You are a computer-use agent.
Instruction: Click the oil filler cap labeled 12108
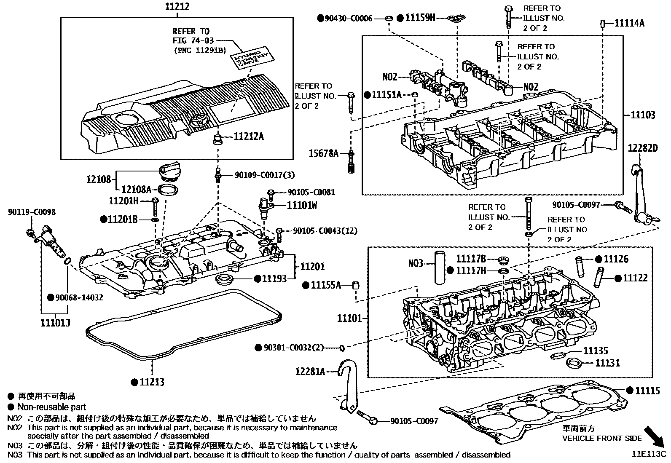[170, 173]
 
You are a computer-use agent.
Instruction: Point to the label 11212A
[249, 136]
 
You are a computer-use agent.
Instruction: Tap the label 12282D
[642, 148]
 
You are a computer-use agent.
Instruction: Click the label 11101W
[302, 206]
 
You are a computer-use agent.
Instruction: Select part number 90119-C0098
[32, 212]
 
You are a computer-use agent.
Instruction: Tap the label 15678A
[323, 153]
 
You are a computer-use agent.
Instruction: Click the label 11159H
[420, 18]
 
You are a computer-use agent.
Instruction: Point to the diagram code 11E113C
[648, 454]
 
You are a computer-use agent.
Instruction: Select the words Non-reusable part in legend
[51, 407]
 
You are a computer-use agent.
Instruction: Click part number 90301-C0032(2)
[293, 348]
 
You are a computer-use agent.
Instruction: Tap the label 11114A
[629, 23]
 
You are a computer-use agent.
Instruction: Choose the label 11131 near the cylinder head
[607, 362]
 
